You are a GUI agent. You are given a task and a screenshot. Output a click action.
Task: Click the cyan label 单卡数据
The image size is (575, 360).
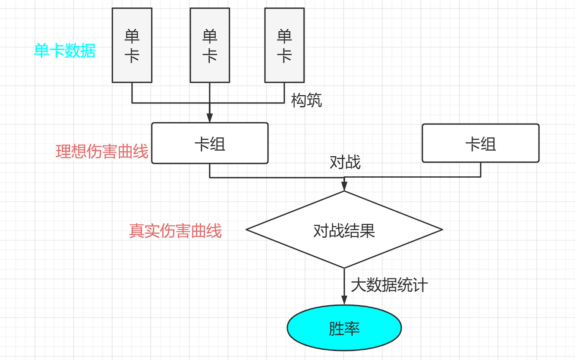65,51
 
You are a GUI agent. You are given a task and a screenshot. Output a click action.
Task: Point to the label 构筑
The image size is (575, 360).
307,101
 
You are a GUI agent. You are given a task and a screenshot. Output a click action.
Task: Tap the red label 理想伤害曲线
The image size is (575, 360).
102,151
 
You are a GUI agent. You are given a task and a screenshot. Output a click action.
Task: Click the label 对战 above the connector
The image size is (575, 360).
345,162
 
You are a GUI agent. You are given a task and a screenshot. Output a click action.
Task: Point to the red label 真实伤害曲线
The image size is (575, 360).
175,231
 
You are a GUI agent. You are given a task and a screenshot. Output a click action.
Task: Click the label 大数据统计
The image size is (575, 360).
389,285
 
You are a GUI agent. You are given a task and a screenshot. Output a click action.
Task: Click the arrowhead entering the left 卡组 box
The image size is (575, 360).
210,118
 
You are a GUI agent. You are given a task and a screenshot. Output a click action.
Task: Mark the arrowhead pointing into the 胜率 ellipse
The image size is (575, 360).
344,300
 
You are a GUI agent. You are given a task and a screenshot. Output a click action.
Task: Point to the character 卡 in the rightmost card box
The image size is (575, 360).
284,56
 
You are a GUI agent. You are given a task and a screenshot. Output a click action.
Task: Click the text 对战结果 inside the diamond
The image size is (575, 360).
344,231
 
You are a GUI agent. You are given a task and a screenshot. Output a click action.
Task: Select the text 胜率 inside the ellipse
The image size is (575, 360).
344,329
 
